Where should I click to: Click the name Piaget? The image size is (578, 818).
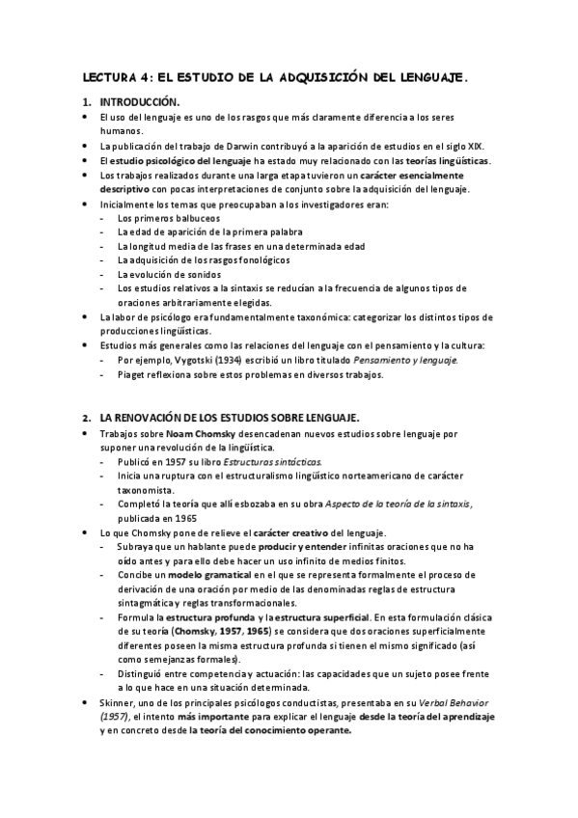pyautogui.click(x=132, y=374)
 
